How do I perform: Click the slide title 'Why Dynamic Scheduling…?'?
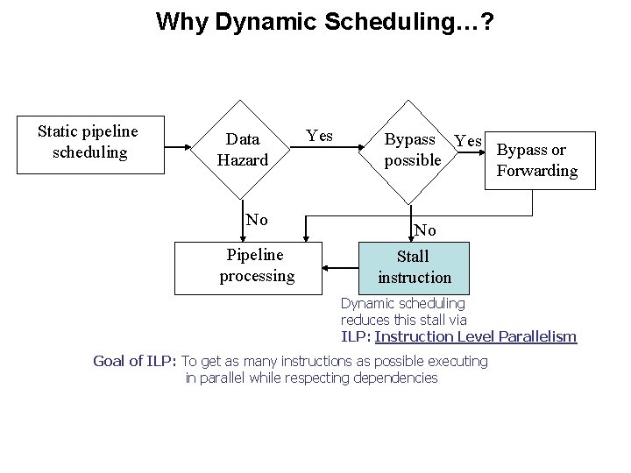click(x=324, y=21)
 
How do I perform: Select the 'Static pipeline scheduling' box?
click(x=88, y=142)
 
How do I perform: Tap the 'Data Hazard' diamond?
click(x=242, y=149)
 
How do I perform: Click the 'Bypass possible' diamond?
click(x=412, y=150)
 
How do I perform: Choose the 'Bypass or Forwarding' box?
click(x=536, y=159)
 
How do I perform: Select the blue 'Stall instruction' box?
click(x=414, y=266)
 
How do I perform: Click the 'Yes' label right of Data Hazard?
click(x=319, y=136)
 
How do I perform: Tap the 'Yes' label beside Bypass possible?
click(x=470, y=141)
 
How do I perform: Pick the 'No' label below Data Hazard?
click(x=257, y=219)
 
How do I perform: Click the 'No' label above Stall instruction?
click(x=425, y=230)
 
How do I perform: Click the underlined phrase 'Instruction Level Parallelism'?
click(x=476, y=336)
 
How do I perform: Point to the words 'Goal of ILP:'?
click(x=135, y=361)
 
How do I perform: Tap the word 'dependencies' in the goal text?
click(x=397, y=378)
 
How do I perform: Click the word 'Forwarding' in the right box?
click(x=537, y=170)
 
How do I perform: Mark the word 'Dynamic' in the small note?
click(x=367, y=304)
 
